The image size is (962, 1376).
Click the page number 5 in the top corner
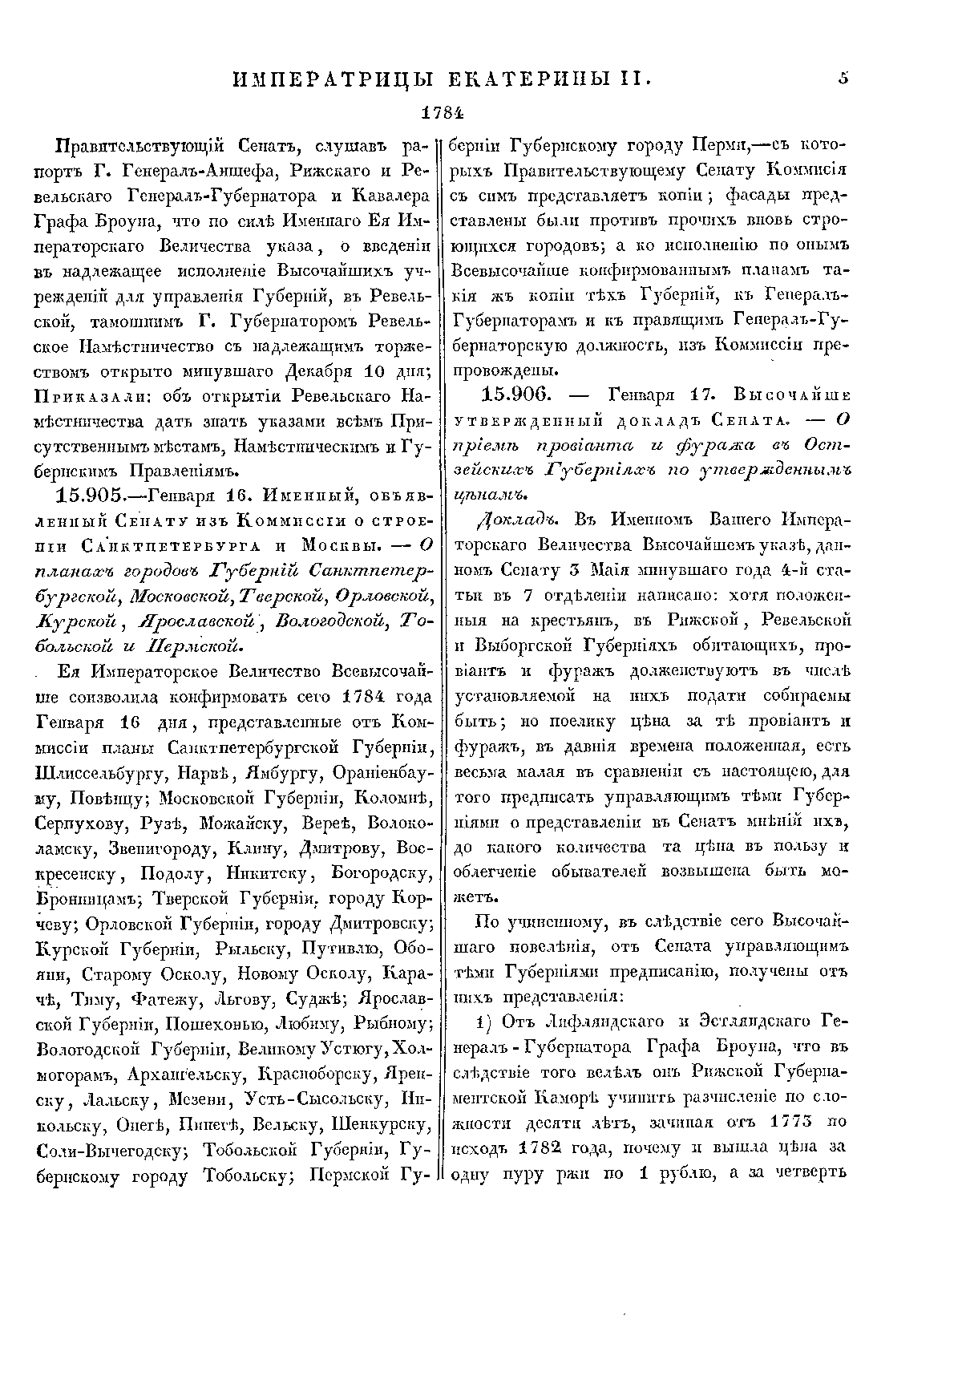pyautogui.click(x=843, y=79)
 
